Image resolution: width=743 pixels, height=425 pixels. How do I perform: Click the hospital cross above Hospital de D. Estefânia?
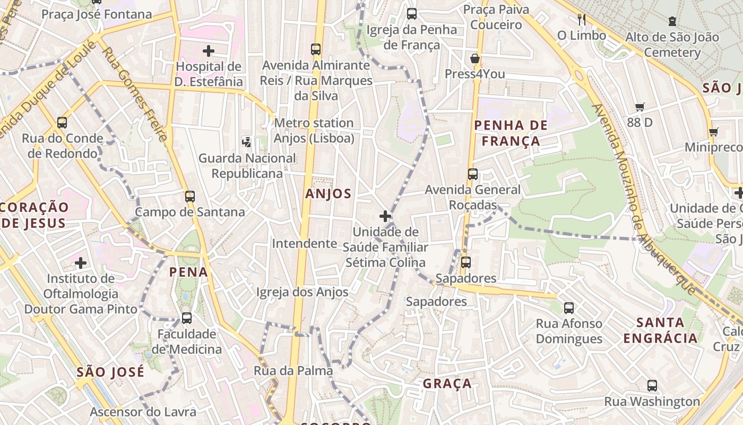209,51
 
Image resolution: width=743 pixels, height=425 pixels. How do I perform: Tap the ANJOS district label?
328,194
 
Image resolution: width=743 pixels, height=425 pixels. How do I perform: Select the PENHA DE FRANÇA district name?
506,133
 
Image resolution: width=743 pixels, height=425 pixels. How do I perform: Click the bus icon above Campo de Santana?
190,196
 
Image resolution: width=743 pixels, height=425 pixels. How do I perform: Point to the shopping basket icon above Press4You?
475,58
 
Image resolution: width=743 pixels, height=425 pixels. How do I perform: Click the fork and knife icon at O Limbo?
582,20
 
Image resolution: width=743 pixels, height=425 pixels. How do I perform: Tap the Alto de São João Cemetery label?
672,45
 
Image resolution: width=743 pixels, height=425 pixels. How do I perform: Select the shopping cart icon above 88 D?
640,107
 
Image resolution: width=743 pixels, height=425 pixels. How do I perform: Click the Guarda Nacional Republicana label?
247,166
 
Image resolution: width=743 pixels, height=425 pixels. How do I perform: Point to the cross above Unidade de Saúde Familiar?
385,216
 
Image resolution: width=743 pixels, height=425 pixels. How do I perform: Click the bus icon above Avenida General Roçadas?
472,174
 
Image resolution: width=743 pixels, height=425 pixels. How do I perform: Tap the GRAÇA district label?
447,384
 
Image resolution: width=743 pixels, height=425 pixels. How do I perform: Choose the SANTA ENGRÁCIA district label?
660,330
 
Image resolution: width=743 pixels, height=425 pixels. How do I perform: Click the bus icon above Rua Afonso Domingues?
569,308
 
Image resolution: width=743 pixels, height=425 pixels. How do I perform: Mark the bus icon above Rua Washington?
652,386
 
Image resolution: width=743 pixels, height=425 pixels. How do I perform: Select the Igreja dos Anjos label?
302,292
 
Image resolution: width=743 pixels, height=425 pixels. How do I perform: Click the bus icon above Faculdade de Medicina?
187,318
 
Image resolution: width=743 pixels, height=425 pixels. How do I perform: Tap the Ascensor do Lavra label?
143,412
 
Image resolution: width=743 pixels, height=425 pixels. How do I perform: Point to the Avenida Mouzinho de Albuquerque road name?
643,199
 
